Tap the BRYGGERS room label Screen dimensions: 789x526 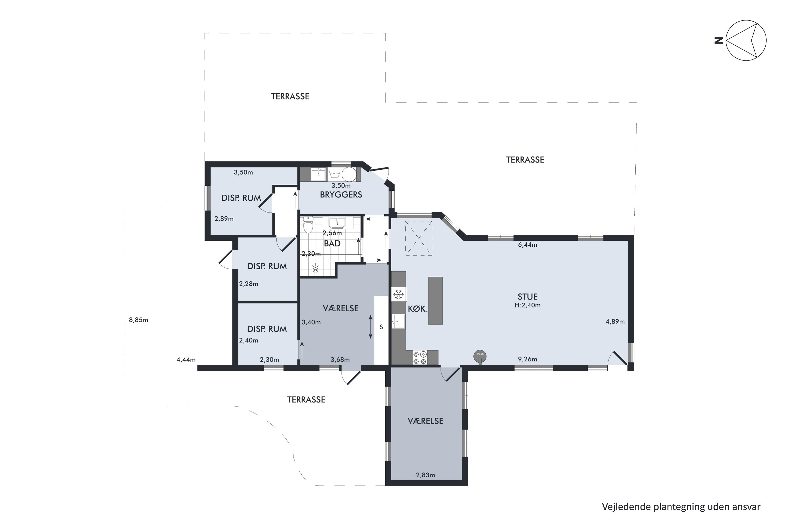(x=341, y=195)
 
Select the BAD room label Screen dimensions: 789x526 (x=332, y=244)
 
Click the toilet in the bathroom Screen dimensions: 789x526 (x=308, y=224)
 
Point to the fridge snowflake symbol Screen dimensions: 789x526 (x=398, y=295)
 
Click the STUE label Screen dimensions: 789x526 (x=527, y=297)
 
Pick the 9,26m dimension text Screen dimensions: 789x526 (x=527, y=359)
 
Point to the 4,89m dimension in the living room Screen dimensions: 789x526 (x=615, y=322)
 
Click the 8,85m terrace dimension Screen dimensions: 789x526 (x=139, y=320)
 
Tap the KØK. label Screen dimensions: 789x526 (x=418, y=309)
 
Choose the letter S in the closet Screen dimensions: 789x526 (x=381, y=327)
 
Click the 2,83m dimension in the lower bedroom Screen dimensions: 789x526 (x=425, y=475)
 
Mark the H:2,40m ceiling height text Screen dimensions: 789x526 (x=527, y=305)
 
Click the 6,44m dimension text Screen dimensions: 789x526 (x=527, y=245)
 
